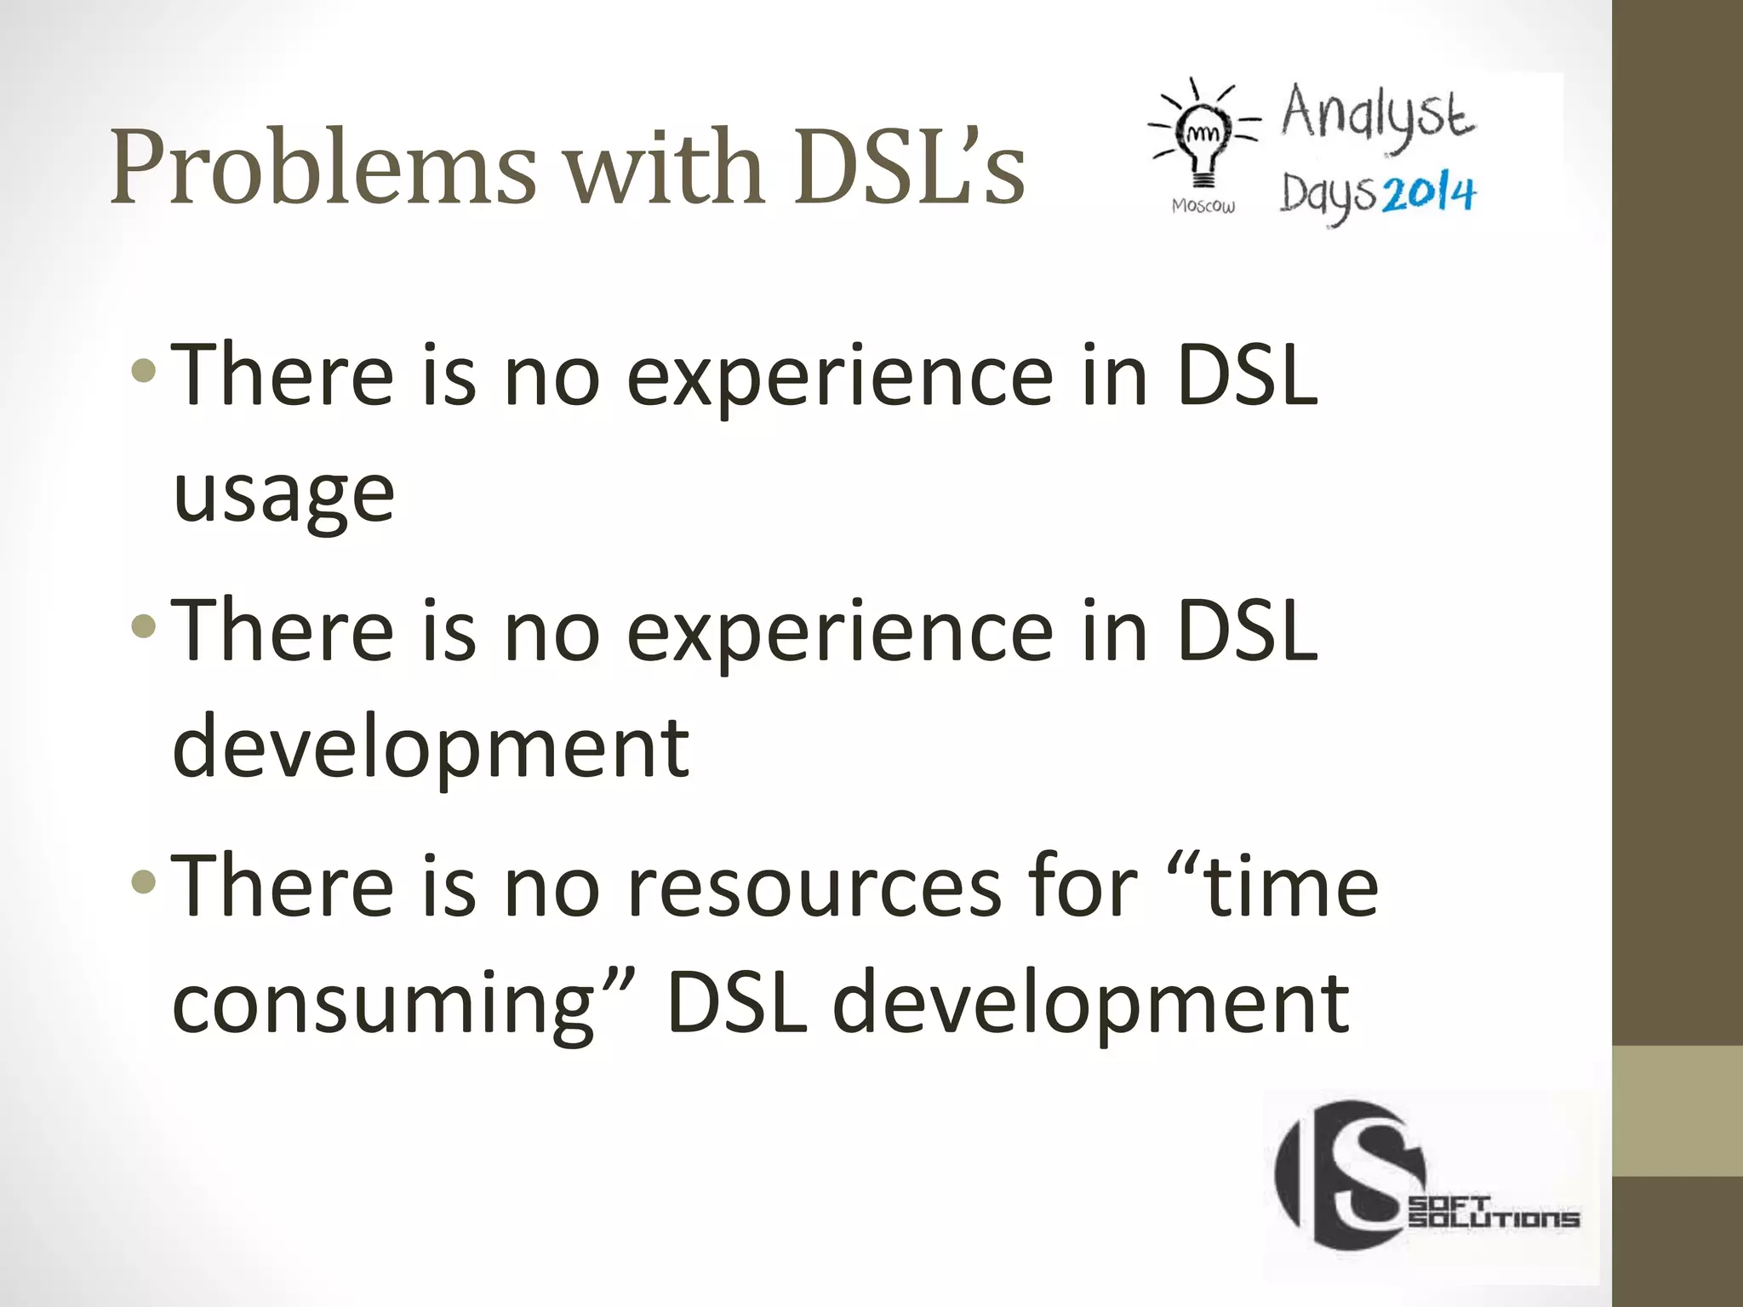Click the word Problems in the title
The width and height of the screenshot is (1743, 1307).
tap(323, 168)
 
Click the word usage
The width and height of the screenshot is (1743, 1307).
tap(283, 495)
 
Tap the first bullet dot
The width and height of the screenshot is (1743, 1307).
tap(145, 370)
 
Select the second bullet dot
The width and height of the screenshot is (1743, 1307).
tap(145, 627)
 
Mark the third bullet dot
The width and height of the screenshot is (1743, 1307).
tap(145, 882)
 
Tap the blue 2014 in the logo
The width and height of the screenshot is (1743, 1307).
tap(1429, 195)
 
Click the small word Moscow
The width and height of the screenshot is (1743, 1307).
tap(1203, 206)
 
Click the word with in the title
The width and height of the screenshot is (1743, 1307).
tap(664, 168)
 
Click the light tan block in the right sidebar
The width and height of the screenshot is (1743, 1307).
tap(1677, 1111)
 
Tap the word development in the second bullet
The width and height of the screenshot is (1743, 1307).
tap(431, 747)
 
